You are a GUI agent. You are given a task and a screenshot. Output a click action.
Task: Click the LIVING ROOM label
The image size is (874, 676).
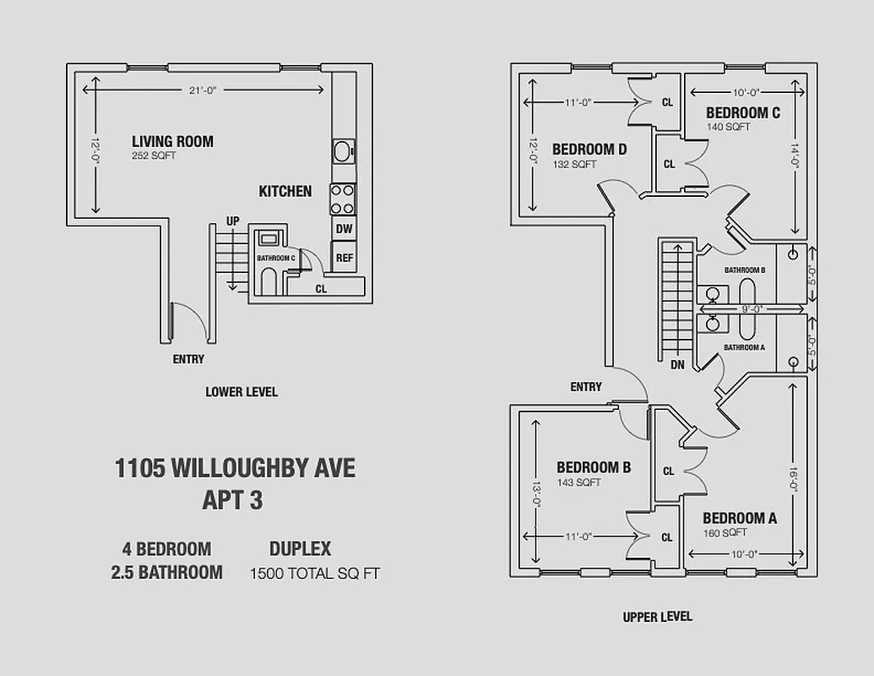tap(172, 141)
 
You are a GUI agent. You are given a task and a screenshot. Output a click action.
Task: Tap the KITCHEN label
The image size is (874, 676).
tap(285, 191)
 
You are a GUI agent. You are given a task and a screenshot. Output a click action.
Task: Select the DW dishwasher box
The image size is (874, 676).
tap(344, 228)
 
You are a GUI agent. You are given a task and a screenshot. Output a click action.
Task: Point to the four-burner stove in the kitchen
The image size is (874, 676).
tap(343, 199)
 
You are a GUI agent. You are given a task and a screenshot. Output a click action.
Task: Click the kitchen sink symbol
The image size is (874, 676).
tap(343, 152)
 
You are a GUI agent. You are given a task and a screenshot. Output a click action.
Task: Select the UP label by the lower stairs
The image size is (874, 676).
tap(232, 221)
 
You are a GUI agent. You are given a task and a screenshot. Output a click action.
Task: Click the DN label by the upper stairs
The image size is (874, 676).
tap(677, 365)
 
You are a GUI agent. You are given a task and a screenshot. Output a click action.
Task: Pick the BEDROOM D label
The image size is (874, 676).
tap(589, 150)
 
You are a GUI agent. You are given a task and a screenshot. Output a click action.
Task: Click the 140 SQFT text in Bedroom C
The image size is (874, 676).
tap(729, 128)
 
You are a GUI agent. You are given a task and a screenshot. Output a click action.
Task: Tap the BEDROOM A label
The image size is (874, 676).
tap(740, 518)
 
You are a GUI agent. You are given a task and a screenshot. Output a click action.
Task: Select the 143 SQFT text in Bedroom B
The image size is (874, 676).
tap(578, 482)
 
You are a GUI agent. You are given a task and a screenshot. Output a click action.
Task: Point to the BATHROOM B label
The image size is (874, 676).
tap(744, 270)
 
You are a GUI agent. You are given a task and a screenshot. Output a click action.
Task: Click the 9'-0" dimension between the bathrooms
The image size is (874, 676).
tap(750, 308)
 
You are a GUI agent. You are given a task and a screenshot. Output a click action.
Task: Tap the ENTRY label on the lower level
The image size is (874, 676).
tap(188, 358)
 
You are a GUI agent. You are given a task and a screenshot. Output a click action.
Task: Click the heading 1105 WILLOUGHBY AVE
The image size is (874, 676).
tap(235, 468)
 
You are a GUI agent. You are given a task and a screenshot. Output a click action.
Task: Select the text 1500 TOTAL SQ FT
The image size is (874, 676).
tap(315, 574)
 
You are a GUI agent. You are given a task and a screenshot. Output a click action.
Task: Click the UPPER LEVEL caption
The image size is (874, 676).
tap(657, 617)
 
